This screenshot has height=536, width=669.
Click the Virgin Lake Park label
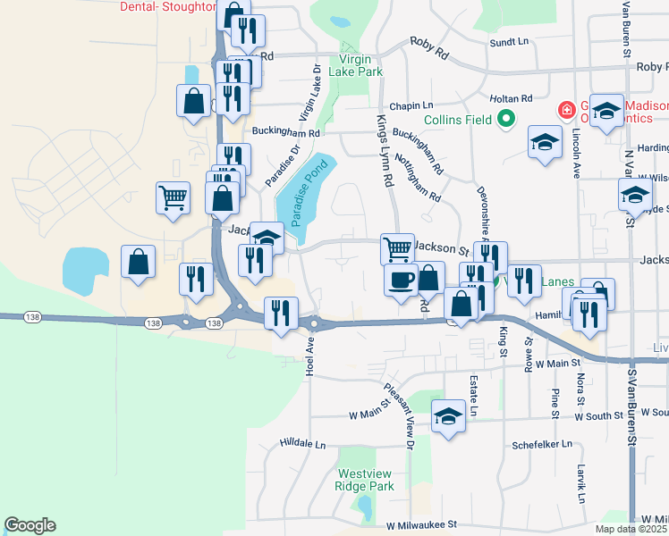[x=355, y=63]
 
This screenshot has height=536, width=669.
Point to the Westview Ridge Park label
[x=364, y=481]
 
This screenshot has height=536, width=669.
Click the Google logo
[x=30, y=525]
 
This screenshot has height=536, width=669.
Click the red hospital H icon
[x=565, y=111]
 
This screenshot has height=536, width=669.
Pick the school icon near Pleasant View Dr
[x=449, y=416]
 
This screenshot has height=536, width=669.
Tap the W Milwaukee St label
[x=421, y=525]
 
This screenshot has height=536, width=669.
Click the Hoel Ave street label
[x=311, y=356]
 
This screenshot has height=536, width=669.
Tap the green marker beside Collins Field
[x=505, y=118]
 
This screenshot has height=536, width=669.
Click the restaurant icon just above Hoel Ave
[x=282, y=313]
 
